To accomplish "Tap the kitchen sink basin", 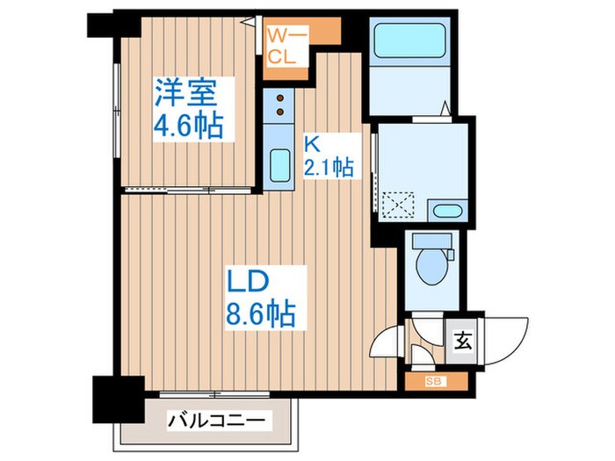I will tap(280, 164).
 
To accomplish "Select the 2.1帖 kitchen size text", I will tap(329, 167).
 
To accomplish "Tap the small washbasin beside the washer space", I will tap(446, 211).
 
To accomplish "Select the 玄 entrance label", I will tap(461, 339).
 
